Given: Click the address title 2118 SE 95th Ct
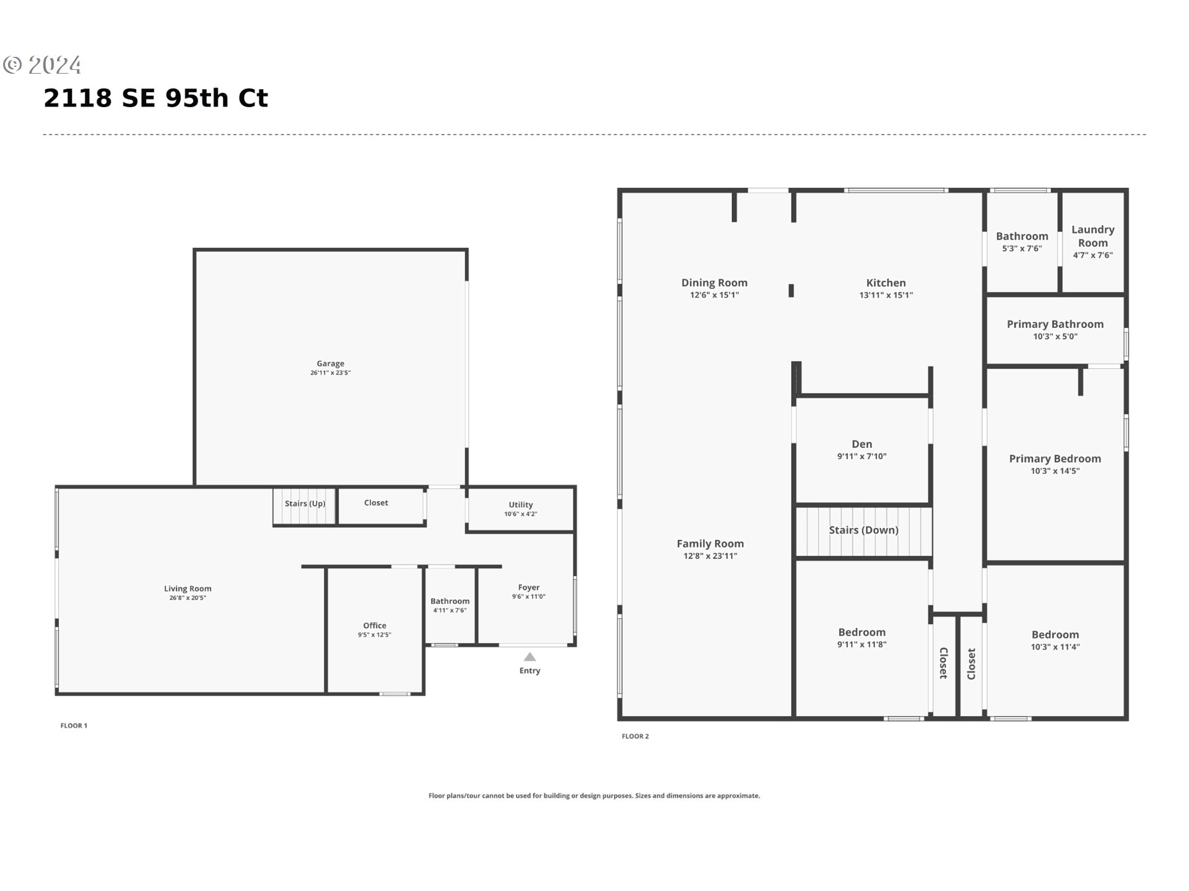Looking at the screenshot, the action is (155, 98).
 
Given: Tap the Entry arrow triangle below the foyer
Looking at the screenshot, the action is (529, 657).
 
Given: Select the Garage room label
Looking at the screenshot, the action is (330, 364).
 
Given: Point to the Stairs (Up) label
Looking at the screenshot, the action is (305, 503).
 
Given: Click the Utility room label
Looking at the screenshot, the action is (521, 504).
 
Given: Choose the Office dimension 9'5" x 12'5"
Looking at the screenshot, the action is (375, 635).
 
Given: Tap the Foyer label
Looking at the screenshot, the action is (529, 587).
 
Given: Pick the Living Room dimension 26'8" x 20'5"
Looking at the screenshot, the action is (188, 598).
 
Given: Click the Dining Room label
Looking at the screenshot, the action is (714, 282).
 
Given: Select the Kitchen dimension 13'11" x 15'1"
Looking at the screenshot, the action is (886, 295).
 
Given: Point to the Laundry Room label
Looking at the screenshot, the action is (1093, 236).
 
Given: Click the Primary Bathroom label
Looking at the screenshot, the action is (1055, 324).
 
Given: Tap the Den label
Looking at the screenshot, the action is (862, 444).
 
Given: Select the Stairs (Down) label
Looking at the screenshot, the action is (863, 530).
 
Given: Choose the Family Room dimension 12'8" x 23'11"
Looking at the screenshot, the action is (710, 556).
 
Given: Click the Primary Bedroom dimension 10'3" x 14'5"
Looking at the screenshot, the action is (1055, 471).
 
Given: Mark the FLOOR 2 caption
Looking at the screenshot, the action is (635, 736).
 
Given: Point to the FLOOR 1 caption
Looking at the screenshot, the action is (74, 726).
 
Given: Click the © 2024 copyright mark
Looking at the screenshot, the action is (42, 65).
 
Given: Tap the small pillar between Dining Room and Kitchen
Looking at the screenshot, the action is (791, 290).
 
